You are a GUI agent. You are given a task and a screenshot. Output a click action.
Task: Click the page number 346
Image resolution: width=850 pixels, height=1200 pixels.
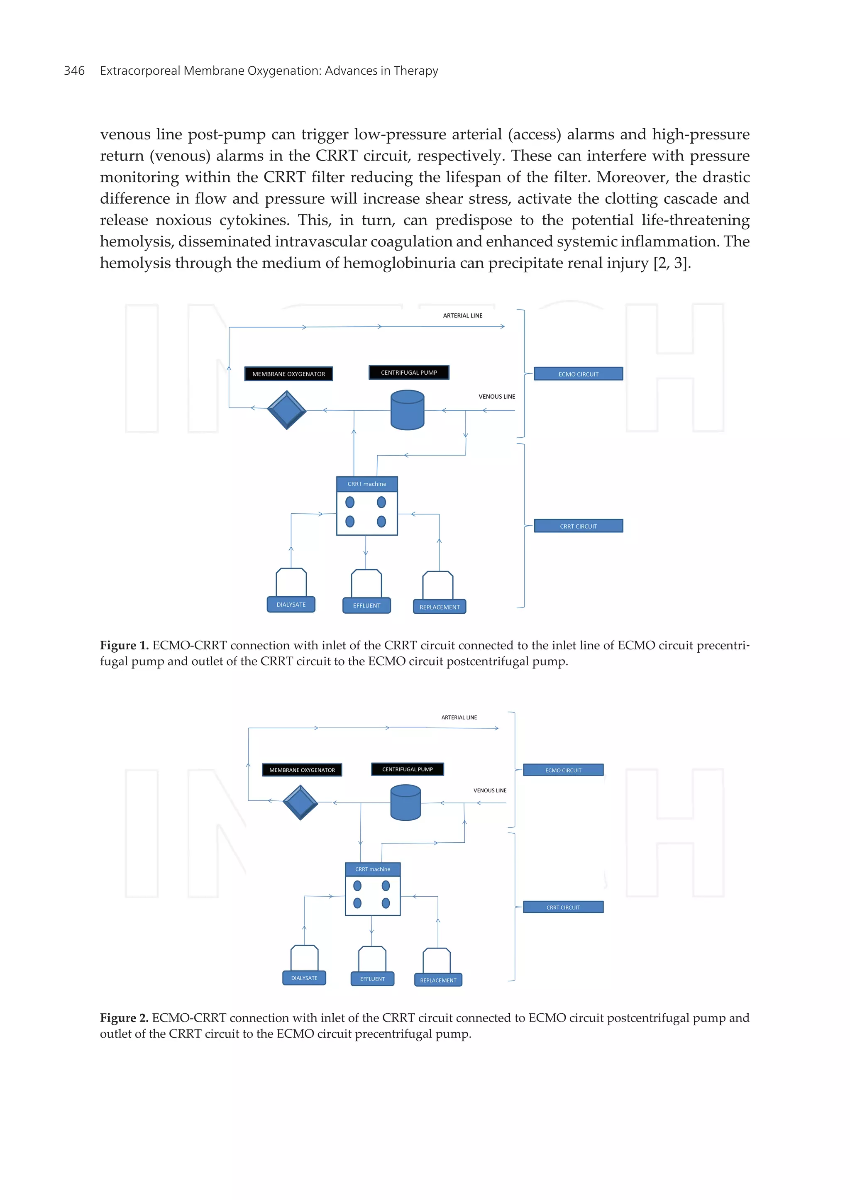click(x=74, y=71)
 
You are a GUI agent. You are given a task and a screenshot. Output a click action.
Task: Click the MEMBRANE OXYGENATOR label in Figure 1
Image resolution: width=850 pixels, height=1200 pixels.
click(x=288, y=374)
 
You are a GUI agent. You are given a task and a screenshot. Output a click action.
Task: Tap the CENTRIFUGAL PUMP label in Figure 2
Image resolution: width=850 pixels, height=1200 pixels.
click(x=407, y=769)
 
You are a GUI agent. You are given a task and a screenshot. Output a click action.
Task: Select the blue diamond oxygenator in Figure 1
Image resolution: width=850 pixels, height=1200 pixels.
click(x=286, y=410)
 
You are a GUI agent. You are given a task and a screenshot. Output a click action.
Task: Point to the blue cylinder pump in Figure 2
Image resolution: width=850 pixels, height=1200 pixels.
click(x=405, y=802)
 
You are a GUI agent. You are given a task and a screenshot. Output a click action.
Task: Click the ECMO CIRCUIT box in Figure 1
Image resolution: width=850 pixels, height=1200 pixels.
click(x=578, y=374)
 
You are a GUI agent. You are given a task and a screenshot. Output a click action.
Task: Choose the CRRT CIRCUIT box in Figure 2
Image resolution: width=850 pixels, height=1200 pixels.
click(x=563, y=907)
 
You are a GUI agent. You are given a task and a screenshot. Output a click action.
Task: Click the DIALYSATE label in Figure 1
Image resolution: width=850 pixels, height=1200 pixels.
click(x=291, y=605)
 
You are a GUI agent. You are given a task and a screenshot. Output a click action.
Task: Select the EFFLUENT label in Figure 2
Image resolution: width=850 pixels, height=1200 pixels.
click(x=372, y=978)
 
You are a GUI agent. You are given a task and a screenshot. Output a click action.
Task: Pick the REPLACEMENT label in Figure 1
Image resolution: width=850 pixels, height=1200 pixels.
click(x=439, y=607)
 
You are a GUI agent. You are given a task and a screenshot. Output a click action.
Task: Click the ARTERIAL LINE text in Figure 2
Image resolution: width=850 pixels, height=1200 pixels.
click(x=459, y=717)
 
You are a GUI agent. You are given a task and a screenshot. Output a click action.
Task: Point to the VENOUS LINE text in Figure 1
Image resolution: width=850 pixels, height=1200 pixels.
click(x=496, y=397)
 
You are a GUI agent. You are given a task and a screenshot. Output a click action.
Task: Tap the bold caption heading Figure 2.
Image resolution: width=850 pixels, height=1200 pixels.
click(x=124, y=1018)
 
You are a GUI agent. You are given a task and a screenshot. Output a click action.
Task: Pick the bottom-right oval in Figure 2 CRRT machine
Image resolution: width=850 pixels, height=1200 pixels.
click(x=386, y=903)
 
